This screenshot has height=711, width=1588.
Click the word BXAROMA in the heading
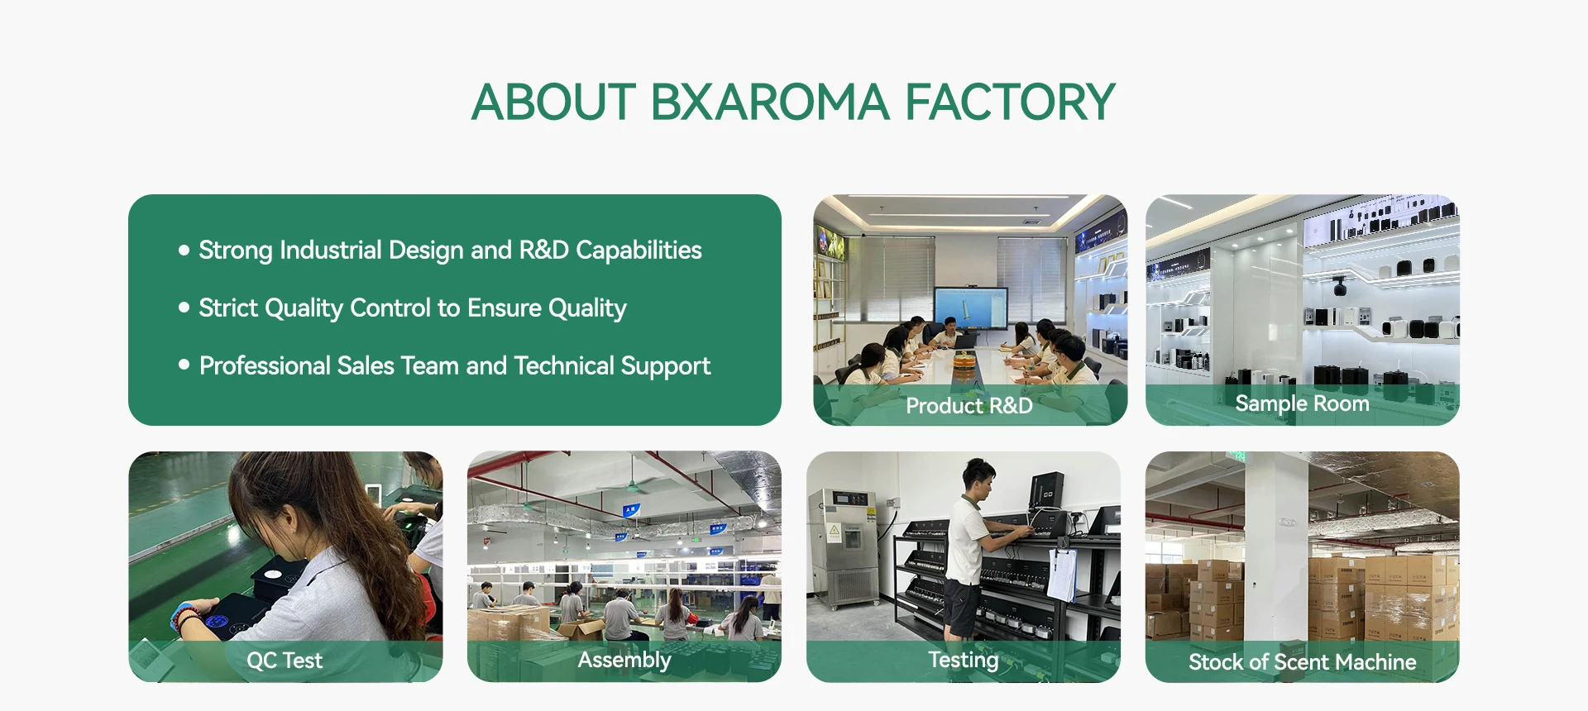click(x=769, y=102)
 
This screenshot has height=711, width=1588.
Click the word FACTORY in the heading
click(x=1010, y=102)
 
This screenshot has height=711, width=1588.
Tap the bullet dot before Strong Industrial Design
click(x=184, y=250)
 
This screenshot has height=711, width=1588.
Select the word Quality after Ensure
click(x=587, y=308)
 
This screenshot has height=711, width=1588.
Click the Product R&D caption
click(x=969, y=405)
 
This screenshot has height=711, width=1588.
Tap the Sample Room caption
click(x=1302, y=403)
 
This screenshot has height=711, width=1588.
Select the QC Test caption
click(x=285, y=661)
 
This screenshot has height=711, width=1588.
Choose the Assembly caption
click(x=624, y=660)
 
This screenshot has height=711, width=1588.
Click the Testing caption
click(x=963, y=660)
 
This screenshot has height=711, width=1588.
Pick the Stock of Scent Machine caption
click(x=1302, y=661)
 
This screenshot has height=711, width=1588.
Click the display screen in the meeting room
click(x=971, y=308)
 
